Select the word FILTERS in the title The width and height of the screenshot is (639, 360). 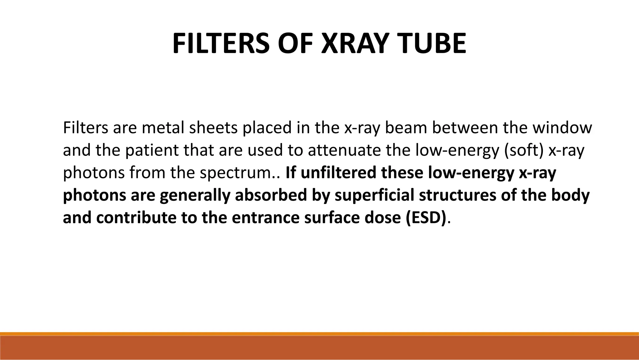221,44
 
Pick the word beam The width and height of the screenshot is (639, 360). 406,128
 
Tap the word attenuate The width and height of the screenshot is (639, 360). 344,150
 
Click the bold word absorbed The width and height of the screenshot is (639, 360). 271,195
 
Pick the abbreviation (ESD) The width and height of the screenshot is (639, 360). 426,218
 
